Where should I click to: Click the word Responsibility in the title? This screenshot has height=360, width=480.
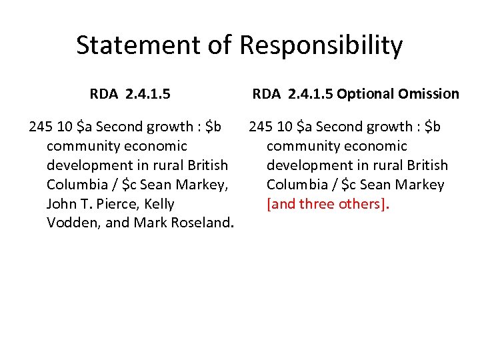(321, 45)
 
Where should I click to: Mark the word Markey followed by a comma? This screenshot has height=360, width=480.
(204, 184)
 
